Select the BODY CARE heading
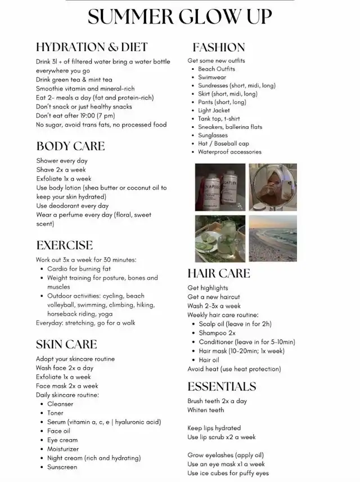pyautogui.click(x=70, y=146)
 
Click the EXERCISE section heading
pyautogui.click(x=64, y=246)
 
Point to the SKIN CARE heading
pyautogui.click(x=66, y=345)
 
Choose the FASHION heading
pyautogui.click(x=219, y=47)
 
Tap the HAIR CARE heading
pyautogui.click(x=219, y=274)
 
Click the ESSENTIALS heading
pyautogui.click(x=222, y=387)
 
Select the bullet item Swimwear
pyautogui.click(x=211, y=78)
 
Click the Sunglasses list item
pyautogui.click(x=213, y=136)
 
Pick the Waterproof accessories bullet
pyautogui.click(x=229, y=152)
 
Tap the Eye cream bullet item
pyautogui.click(x=62, y=440)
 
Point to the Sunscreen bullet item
pyautogui.click(x=62, y=467)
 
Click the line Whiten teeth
pyautogui.click(x=206, y=410)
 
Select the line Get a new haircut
pyautogui.click(x=214, y=297)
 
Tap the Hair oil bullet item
pyautogui.click(x=209, y=360)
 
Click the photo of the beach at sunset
pyautogui.click(x=273, y=238)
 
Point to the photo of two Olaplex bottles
pyautogui.click(x=219, y=187)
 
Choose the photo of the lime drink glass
pyautogui.click(x=219, y=238)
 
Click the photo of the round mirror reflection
pyautogui.click(x=273, y=187)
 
